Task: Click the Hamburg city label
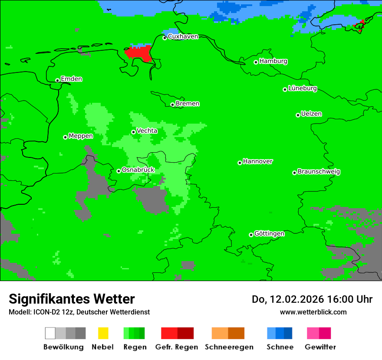click(x=273, y=61)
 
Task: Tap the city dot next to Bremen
click(x=172, y=105)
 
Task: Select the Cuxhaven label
click(x=183, y=36)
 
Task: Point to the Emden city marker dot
click(x=57, y=80)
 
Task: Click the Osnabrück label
click(x=138, y=170)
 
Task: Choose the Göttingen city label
click(x=269, y=234)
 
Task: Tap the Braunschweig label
click(x=319, y=172)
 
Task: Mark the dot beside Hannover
click(x=240, y=163)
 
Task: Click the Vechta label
click(x=147, y=131)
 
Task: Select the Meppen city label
click(x=81, y=136)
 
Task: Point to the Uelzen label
click(x=311, y=114)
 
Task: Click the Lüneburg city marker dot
click(x=285, y=89)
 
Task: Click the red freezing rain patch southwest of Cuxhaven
click(x=138, y=53)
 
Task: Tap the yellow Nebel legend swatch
click(x=103, y=333)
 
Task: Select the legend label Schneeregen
click(x=229, y=347)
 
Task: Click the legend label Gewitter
click(x=320, y=347)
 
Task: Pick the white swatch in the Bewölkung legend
click(x=50, y=333)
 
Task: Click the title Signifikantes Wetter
click(x=72, y=299)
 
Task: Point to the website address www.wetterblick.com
click(x=313, y=312)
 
